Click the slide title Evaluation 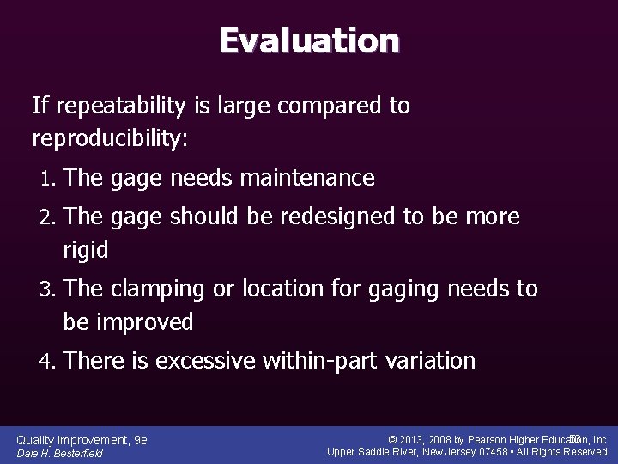point(308,40)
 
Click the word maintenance point(309,178)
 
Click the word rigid point(86,250)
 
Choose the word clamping point(161,289)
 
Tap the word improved point(144,322)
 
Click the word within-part point(314,361)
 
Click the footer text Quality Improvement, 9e point(82,440)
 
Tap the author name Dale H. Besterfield point(60,454)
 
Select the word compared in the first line point(312,107)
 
